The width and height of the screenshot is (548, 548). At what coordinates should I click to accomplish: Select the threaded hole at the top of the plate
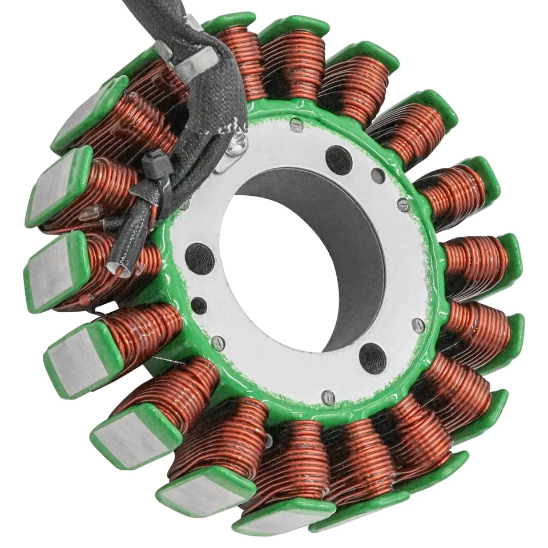click(338, 160)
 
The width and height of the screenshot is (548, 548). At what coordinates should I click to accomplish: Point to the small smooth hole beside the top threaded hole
click(377, 175)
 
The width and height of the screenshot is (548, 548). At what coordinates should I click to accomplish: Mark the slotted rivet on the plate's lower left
click(217, 342)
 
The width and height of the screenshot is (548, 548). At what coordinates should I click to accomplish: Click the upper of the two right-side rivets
click(404, 204)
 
